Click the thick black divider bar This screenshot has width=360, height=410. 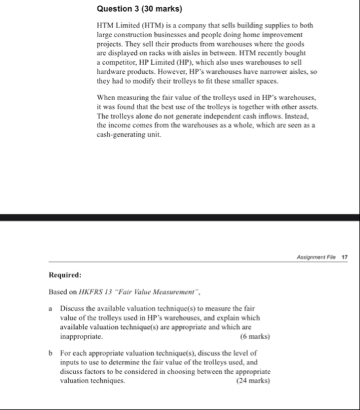[180, 218]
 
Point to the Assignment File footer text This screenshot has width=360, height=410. [319, 258]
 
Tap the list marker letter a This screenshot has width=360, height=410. [50, 307]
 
